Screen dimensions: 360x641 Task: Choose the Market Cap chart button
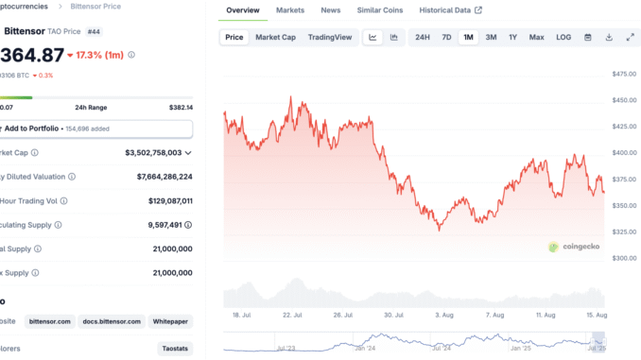click(x=276, y=37)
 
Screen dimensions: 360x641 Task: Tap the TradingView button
click(x=330, y=37)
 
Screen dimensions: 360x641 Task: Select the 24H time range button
click(x=422, y=37)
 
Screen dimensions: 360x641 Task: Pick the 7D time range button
click(x=446, y=37)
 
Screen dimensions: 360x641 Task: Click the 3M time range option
click(x=491, y=37)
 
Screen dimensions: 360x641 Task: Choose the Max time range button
click(x=536, y=37)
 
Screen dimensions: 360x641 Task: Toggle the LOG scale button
click(x=563, y=37)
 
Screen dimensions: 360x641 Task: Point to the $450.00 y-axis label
click(x=623, y=99)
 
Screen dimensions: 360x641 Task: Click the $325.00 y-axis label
click(x=623, y=231)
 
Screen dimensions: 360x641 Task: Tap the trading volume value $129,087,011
click(x=158, y=200)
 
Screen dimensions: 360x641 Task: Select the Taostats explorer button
click(x=174, y=349)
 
